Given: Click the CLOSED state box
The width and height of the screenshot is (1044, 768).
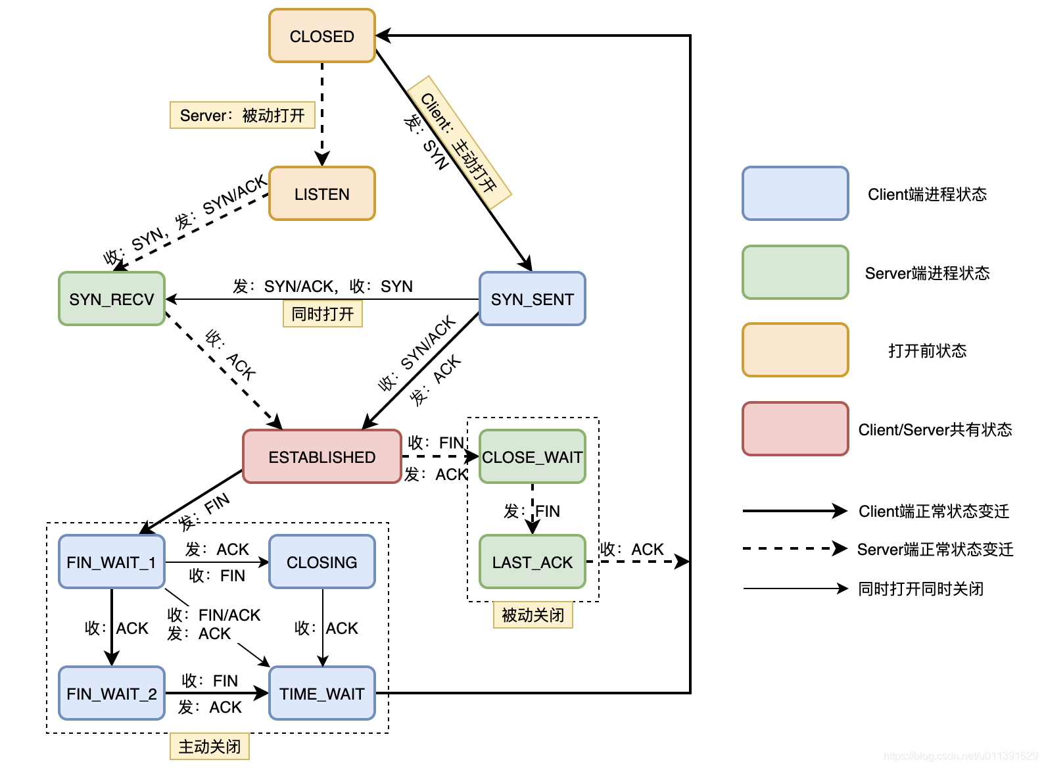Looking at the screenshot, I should click(322, 36).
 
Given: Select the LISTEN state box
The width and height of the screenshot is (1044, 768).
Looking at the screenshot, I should click(322, 193).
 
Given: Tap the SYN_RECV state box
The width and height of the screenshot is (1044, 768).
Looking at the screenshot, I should click(112, 299).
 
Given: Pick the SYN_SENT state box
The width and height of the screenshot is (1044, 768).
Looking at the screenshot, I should click(533, 299).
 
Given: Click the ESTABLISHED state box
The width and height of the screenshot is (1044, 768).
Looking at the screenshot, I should click(322, 457).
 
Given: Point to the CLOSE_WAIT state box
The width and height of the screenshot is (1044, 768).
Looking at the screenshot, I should click(533, 457).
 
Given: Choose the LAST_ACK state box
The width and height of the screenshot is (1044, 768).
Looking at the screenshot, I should click(533, 562).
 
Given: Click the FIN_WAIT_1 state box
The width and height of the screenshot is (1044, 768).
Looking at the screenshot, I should click(112, 562).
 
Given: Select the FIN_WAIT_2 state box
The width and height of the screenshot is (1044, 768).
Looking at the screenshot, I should click(112, 694).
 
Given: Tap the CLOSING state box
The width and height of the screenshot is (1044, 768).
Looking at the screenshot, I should click(322, 562).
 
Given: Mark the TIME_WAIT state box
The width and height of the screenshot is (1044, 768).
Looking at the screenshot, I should click(322, 694).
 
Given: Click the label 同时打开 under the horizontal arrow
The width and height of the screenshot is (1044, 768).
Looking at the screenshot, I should click(323, 314).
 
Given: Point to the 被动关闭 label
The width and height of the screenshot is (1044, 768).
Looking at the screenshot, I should click(533, 615).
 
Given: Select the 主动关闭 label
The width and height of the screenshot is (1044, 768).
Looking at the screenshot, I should click(210, 747).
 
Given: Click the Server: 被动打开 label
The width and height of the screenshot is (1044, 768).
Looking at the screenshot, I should click(243, 116).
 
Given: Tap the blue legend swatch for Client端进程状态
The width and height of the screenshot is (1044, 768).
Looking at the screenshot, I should click(795, 193).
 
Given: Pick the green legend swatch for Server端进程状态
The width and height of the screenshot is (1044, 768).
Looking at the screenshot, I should click(795, 272).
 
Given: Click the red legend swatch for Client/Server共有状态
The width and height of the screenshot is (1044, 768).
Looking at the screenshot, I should click(795, 429).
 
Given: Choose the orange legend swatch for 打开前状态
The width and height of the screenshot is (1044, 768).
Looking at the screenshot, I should click(795, 350).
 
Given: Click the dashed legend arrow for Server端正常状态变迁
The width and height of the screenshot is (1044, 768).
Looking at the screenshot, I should click(794, 548).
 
